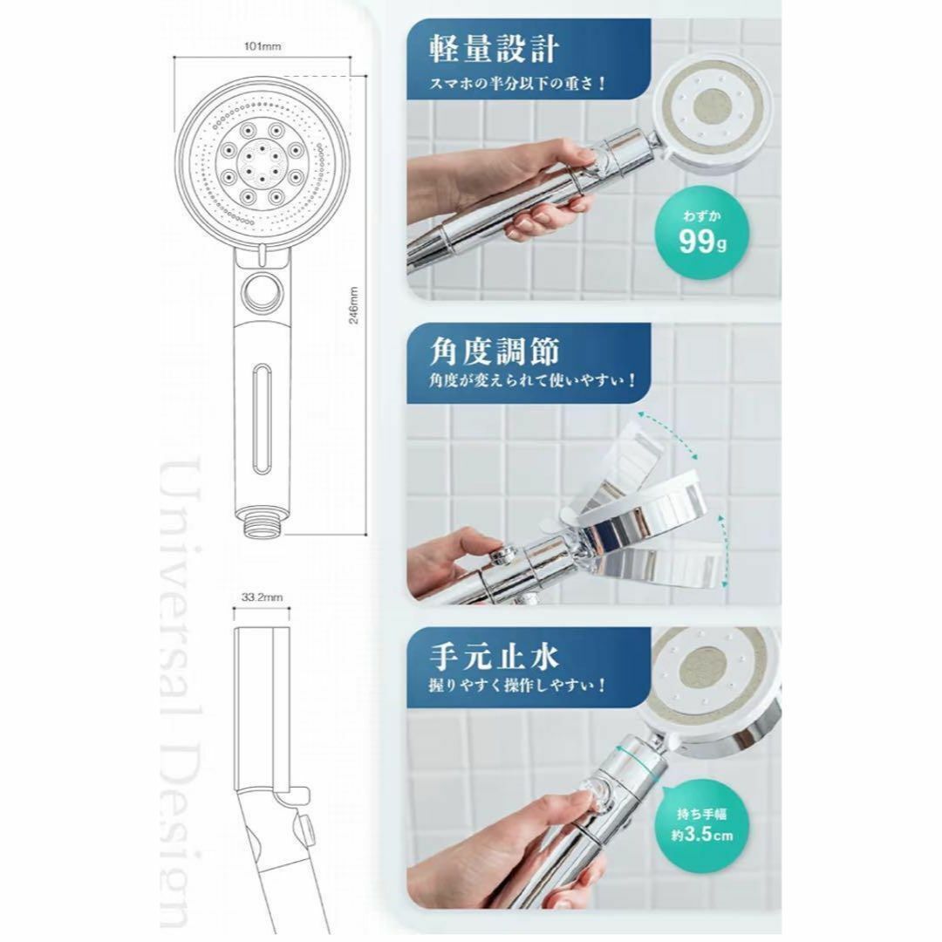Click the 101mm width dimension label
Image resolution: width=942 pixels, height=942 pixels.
click(263, 46)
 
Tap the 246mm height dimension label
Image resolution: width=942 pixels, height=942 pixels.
click(354, 305)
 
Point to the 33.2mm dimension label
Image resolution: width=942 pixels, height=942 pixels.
click(262, 597)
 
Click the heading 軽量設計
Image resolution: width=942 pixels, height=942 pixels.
click(494, 49)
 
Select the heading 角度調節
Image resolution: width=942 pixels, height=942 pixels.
click(494, 352)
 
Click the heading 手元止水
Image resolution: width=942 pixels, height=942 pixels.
click(494, 657)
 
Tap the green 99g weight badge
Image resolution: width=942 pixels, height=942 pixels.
click(702, 235)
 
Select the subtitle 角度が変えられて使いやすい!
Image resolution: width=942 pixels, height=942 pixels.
click(532, 380)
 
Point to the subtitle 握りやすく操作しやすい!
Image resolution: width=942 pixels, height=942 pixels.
click(517, 685)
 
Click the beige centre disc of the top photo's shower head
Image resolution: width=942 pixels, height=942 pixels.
click(712, 108)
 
